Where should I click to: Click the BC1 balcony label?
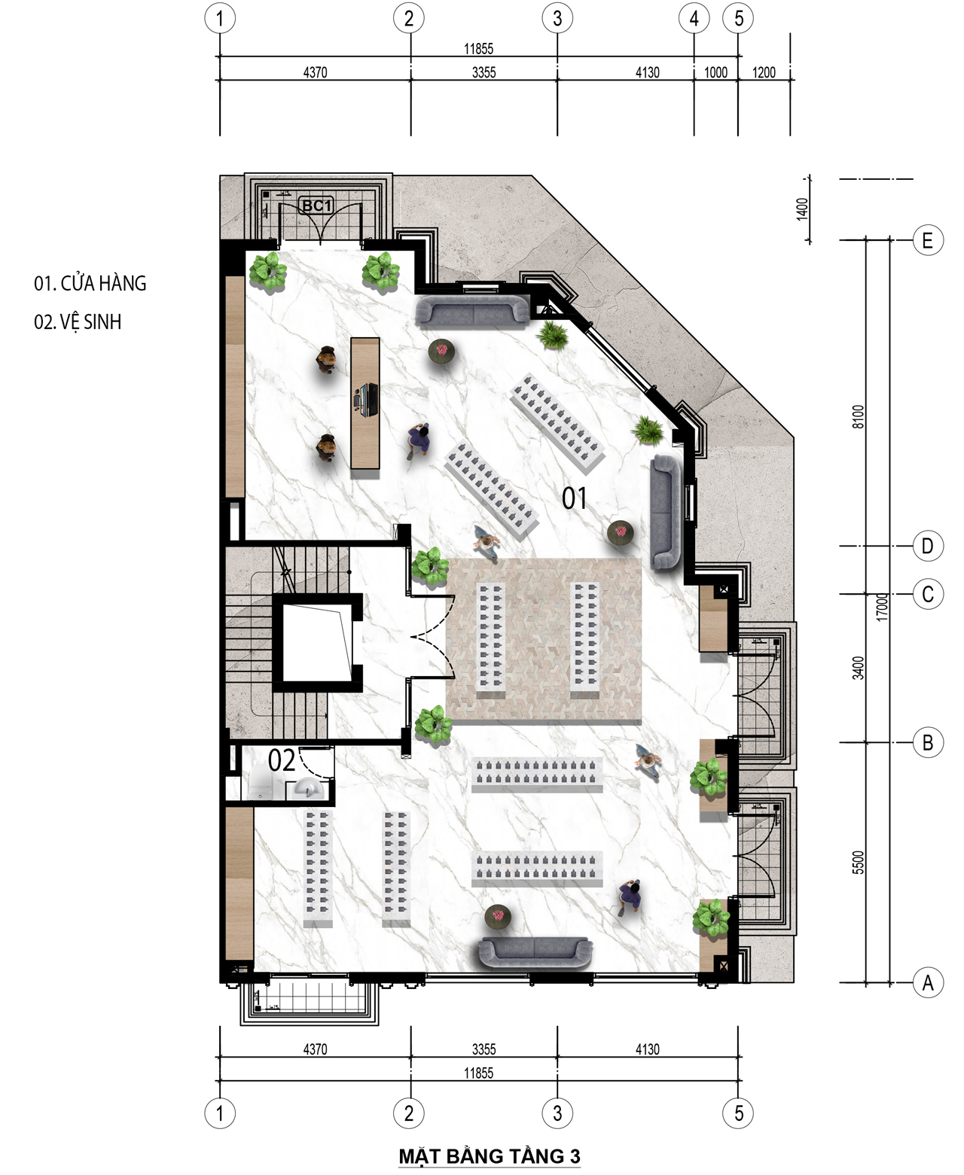pyautogui.click(x=316, y=206)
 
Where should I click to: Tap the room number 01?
pyautogui.click(x=574, y=498)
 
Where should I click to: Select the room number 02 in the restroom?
pyautogui.click(x=281, y=760)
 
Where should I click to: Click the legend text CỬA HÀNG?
pyautogui.click(x=103, y=283)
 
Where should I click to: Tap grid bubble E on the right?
pyautogui.click(x=928, y=240)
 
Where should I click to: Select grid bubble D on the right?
pyautogui.click(x=928, y=546)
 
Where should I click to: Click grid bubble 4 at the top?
pyautogui.click(x=694, y=18)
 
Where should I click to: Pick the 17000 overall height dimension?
pyautogui.click(x=881, y=607)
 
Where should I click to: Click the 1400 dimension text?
pyautogui.click(x=802, y=209)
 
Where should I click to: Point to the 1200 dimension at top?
pyautogui.click(x=764, y=72)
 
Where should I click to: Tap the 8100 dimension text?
pyautogui.click(x=859, y=417)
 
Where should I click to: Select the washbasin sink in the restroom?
pyautogui.click(x=307, y=789)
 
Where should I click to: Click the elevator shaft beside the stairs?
pyautogui.click(x=317, y=643)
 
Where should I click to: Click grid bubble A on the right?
pyautogui.click(x=928, y=983)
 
